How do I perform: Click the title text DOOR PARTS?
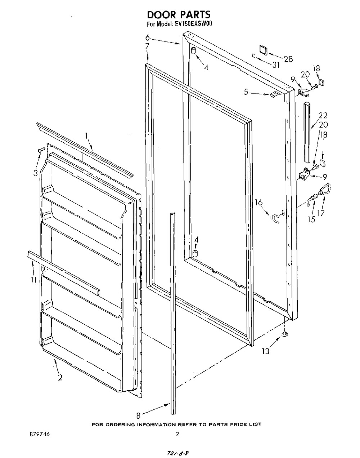179,15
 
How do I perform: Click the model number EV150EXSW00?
194,24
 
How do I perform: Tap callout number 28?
288,59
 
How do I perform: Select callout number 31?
276,65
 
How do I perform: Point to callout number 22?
323,115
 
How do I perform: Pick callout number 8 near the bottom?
139,415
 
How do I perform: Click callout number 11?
33,280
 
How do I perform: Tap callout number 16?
259,203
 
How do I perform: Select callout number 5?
246,92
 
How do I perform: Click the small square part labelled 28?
264,50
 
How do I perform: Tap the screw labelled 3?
41,150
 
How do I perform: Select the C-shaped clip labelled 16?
275,219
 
